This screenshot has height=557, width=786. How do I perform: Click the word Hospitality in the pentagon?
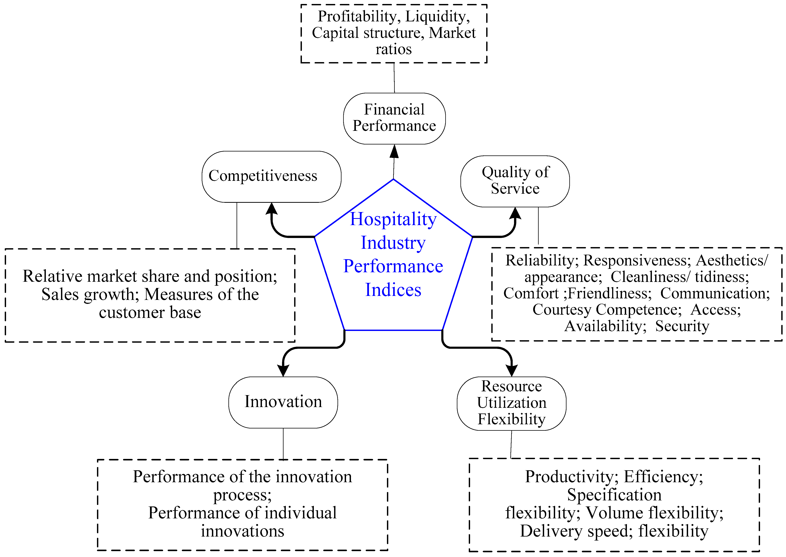[x=393, y=219]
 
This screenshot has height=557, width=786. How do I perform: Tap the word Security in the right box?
[x=682, y=326]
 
